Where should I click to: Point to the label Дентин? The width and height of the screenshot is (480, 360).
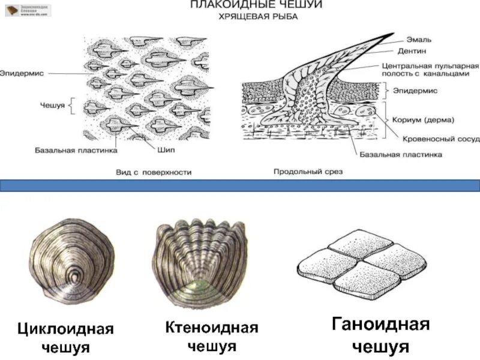click(x=415, y=51)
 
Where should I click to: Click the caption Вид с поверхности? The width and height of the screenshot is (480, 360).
click(x=154, y=172)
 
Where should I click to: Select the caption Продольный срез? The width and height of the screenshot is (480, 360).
click(x=307, y=172)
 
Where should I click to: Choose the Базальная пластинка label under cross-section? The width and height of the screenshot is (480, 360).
click(x=401, y=154)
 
